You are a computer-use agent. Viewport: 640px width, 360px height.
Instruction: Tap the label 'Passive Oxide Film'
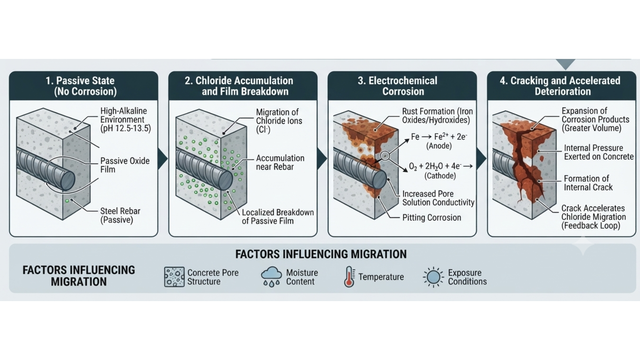click(125, 165)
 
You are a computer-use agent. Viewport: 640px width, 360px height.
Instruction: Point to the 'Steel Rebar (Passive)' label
click(120, 216)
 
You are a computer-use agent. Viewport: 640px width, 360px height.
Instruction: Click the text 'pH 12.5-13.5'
click(126, 128)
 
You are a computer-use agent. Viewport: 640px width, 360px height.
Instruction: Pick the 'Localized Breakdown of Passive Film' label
click(278, 217)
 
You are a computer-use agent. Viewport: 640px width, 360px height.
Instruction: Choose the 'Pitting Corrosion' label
click(432, 218)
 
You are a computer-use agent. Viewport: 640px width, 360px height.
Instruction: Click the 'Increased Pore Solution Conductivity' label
click(438, 198)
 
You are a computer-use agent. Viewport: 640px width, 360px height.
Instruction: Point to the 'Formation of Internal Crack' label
click(588, 183)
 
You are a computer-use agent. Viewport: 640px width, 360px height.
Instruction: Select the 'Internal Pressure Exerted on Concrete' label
click(598, 152)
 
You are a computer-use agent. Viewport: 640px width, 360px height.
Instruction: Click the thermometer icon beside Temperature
click(349, 276)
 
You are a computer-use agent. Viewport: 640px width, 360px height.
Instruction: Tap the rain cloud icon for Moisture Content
click(271, 276)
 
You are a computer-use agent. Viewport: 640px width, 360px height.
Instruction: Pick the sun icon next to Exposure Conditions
click(433, 277)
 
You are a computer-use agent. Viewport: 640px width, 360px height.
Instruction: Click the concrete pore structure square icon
click(174, 277)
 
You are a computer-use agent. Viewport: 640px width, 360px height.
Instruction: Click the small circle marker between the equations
click(385, 156)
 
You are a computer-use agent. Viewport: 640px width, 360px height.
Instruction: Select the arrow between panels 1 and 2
click(163, 159)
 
